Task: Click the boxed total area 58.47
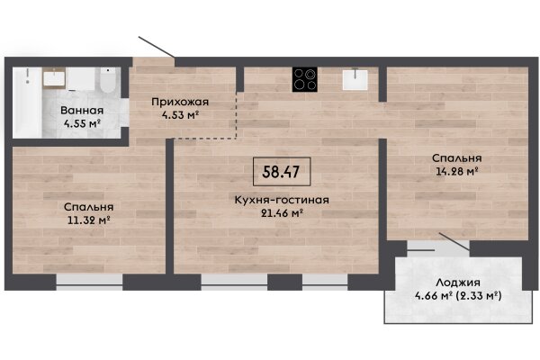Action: coord(282,172)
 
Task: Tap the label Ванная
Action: coord(82,110)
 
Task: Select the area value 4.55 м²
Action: coord(82,123)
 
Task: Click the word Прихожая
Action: coord(180,103)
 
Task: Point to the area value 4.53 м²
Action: coord(181,114)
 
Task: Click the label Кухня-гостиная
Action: coord(282,200)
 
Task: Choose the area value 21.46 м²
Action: coord(282,213)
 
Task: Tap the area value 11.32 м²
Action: coord(88,220)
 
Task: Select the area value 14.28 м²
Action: coord(456,171)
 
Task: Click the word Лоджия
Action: coord(458,283)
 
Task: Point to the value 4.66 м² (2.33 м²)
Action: coord(458,295)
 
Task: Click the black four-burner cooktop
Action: coord(305,79)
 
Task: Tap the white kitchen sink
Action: coord(355,79)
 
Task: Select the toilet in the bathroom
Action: coord(108,80)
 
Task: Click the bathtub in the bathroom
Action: coord(27,103)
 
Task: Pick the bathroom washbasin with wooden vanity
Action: coord(54,78)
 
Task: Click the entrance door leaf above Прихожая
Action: coord(157,47)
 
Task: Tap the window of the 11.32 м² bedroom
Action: coord(89,279)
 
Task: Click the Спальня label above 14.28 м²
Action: coord(456,158)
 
